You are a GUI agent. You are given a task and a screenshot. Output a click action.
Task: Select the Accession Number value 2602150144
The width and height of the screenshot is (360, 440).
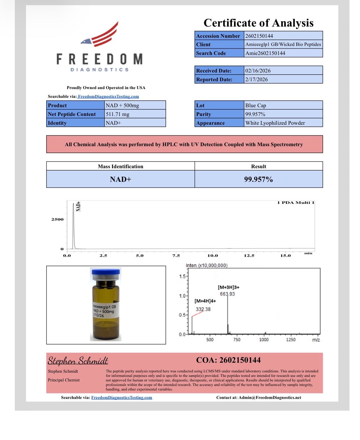pos(259,36)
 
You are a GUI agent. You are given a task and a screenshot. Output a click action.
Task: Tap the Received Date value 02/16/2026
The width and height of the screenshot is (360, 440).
pos(258,71)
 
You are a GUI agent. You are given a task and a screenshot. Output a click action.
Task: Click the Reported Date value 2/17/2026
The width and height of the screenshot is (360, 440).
pos(256,79)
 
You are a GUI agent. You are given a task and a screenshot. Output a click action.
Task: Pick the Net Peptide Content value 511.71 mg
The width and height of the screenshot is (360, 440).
pos(117,114)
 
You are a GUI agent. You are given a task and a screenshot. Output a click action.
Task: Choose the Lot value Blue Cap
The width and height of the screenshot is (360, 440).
pos(256,105)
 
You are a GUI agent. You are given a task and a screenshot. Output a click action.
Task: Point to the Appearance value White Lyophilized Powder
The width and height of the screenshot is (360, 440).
pos(275,123)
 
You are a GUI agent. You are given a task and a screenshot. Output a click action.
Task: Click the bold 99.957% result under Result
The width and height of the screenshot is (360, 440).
pos(259,179)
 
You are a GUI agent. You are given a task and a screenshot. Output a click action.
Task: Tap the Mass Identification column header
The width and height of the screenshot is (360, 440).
pos(121,166)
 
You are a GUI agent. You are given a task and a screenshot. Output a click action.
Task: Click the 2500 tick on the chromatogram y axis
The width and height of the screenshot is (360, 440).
pos(57,219)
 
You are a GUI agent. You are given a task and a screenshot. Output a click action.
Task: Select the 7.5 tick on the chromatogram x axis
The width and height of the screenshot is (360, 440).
pos(176,255)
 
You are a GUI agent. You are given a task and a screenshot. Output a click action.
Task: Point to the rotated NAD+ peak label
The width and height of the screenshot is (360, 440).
pos(78,206)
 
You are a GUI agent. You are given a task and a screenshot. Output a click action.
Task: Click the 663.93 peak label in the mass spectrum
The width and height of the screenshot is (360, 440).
pos(227,294)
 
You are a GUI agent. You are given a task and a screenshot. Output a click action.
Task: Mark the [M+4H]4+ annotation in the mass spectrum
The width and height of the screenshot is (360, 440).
pos(205,301)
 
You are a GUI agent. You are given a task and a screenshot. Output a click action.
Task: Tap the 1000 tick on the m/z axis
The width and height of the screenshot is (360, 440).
pos(264,340)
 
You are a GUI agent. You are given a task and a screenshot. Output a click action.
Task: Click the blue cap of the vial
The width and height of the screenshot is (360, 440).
pos(106,271)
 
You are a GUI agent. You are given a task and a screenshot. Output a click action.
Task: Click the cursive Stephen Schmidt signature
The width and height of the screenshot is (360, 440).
pos(78,361)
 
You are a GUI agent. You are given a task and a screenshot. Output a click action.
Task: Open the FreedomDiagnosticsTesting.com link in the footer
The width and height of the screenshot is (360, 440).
pos(122,397)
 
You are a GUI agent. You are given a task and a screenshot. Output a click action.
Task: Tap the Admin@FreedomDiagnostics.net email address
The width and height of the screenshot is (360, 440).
pos(270,397)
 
